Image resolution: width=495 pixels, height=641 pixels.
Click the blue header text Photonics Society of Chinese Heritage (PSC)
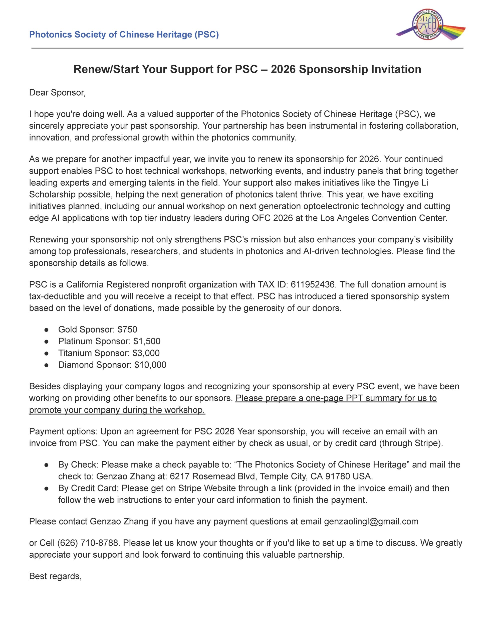click(124, 35)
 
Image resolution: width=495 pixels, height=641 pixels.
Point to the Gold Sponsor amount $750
click(127, 329)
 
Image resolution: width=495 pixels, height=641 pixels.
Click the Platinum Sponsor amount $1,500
click(147, 341)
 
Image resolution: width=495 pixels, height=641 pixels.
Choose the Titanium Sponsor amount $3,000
click(146, 353)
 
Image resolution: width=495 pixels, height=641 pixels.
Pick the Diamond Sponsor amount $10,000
click(150, 365)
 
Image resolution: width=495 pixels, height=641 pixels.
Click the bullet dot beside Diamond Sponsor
click(46, 365)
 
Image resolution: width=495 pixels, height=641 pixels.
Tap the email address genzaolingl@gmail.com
click(371, 521)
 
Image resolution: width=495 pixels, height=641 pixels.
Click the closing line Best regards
click(55, 576)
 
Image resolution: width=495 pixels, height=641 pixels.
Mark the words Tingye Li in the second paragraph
click(410, 183)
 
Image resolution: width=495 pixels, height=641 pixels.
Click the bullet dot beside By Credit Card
click(46, 488)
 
